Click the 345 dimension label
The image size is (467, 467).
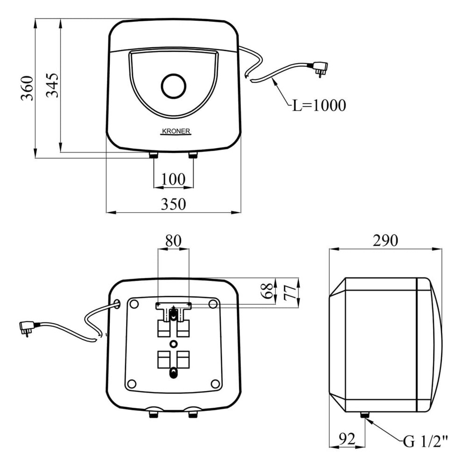coord(53,85)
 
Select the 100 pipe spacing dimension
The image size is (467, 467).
coord(173,178)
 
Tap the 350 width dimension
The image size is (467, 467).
coord(173,204)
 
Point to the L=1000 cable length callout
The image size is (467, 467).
coord(319,105)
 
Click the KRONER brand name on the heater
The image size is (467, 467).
coord(175,132)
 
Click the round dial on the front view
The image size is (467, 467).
coord(173,86)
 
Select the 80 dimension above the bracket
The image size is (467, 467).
coord(173,241)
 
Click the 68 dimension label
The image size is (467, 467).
coord(267,290)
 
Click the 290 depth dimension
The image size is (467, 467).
coord(385,241)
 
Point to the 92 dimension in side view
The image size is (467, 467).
coord(346,439)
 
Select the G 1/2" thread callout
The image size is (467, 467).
coord(425,441)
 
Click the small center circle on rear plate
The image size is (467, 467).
coord(174,344)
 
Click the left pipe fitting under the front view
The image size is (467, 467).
coord(153,155)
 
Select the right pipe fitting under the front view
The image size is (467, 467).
coord(193,155)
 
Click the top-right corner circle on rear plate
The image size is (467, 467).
coord(213,304)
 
